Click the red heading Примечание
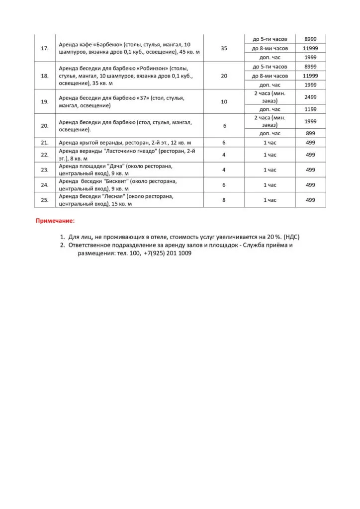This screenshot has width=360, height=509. [x=55, y=220]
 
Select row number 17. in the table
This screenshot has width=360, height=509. [x=45, y=48]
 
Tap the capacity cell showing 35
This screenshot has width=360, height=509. [x=224, y=48]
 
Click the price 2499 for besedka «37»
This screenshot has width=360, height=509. [x=310, y=97]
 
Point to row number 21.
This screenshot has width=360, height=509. [x=45, y=142]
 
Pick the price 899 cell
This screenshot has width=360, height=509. [x=310, y=133]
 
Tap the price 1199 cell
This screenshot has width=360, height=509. [x=310, y=109]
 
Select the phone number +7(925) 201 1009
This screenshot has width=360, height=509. [x=167, y=253]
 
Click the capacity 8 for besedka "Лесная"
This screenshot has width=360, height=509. [x=224, y=200]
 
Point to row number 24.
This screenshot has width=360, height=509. [x=45, y=185]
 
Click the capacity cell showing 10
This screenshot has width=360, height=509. [x=224, y=101]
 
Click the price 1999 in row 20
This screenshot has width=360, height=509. [x=310, y=122]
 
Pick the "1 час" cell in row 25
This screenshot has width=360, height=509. [x=270, y=200]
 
